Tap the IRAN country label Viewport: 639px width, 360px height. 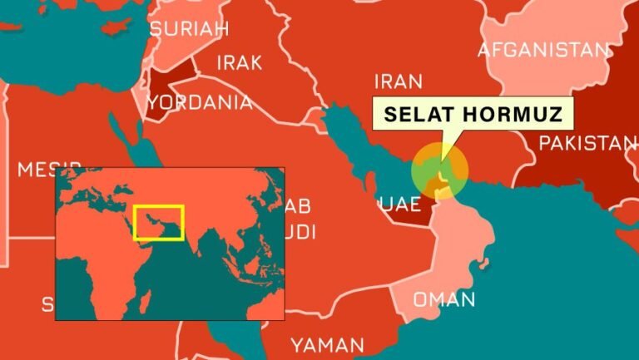398,81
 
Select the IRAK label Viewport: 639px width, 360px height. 239,62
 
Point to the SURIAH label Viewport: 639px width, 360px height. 189,30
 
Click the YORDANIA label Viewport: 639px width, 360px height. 200,102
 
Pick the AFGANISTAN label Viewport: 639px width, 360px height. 543,50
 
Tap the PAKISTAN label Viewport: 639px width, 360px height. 587,143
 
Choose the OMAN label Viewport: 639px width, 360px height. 444,299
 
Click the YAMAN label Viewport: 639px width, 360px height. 327,344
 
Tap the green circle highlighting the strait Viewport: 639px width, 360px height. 439,170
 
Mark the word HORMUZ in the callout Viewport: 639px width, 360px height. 519,113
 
